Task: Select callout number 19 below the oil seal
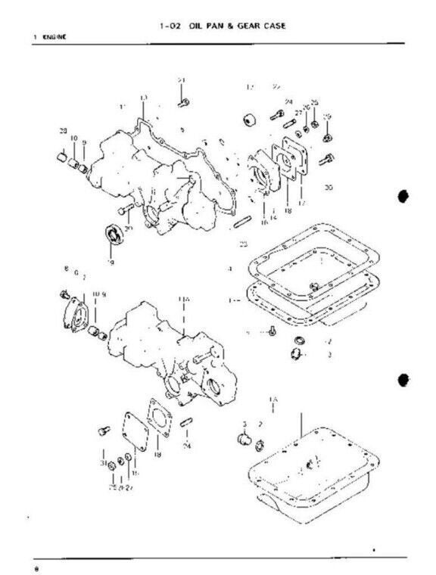[x=111, y=262]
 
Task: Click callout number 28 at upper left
[x=63, y=132]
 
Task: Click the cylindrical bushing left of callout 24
[x=248, y=120]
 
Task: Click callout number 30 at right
[x=327, y=186]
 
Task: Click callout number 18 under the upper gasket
[x=288, y=210]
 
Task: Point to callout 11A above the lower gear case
[x=183, y=300]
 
